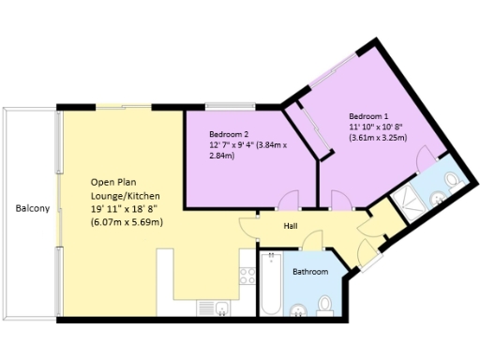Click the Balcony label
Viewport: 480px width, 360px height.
(x=31, y=208)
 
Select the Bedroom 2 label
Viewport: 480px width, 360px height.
(x=228, y=134)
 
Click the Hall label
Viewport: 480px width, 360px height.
(x=292, y=225)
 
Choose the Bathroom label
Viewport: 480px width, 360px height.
(x=309, y=272)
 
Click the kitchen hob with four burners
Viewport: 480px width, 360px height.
(x=248, y=275)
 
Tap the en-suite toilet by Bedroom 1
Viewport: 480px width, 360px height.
(x=449, y=181)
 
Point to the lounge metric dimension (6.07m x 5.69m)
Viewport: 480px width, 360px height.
(x=126, y=222)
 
